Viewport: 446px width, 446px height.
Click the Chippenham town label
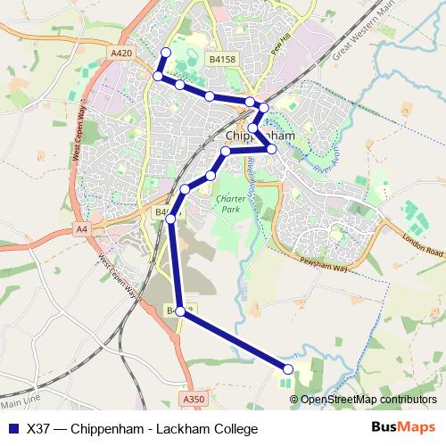point(261,136)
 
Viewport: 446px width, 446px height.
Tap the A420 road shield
point(122,54)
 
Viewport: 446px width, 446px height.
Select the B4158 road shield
point(222,59)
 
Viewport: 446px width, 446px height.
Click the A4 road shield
point(82,229)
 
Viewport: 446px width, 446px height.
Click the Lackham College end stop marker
point(288,368)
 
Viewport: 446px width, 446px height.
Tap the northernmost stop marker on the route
point(164,54)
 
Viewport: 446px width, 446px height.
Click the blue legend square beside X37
point(12,428)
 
